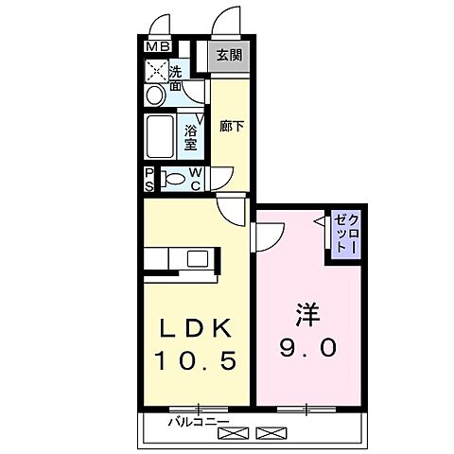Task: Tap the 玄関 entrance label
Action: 228,54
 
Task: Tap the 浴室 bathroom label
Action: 190,138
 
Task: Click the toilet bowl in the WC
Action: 175,178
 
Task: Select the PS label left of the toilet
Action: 149,179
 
